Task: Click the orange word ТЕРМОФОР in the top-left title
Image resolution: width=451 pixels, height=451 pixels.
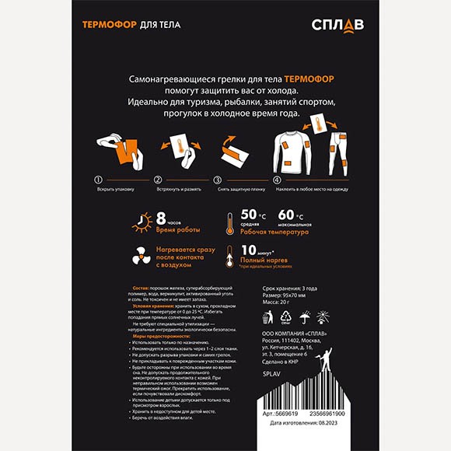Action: [110, 25]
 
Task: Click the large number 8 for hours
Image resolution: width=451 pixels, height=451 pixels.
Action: [161, 218]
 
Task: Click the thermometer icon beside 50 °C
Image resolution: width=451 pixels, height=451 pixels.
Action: [231, 222]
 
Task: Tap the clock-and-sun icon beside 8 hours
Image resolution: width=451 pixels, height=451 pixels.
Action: [140, 222]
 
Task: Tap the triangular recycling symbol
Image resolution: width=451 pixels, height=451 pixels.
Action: [287, 317]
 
